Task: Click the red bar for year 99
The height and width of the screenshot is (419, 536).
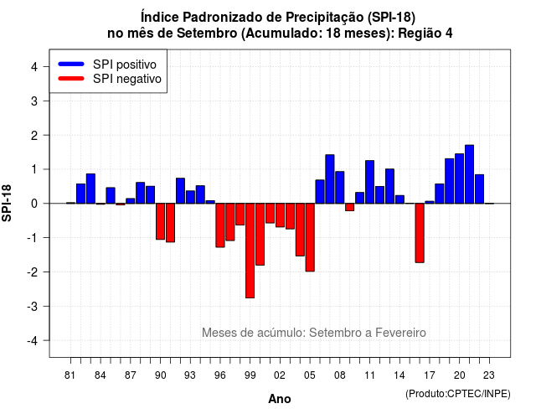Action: (x=250, y=251)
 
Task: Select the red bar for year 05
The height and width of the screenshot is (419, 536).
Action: (x=310, y=237)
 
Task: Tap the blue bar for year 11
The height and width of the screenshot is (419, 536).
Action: (x=369, y=182)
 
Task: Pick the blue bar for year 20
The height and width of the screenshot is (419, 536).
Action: (x=460, y=178)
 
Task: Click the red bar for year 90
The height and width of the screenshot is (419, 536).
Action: (x=160, y=221)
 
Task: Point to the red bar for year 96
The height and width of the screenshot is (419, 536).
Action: (x=220, y=225)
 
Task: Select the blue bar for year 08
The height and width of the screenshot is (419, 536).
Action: (x=340, y=188)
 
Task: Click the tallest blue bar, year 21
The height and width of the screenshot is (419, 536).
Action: (x=469, y=174)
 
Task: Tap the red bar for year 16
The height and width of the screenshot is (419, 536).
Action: (x=420, y=233)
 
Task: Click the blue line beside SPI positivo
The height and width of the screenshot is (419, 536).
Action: (x=71, y=64)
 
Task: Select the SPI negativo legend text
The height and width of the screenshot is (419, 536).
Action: (x=127, y=79)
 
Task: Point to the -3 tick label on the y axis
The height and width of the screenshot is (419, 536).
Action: (x=33, y=306)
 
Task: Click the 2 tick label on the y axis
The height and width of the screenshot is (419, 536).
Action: (x=34, y=136)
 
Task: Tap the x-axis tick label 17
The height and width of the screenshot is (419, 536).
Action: (x=430, y=375)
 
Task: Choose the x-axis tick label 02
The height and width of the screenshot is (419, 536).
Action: (x=280, y=375)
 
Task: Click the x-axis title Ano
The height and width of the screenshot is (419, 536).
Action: (x=280, y=399)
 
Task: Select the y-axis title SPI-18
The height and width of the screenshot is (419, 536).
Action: (x=7, y=203)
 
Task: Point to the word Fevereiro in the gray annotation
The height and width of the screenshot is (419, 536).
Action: (x=400, y=333)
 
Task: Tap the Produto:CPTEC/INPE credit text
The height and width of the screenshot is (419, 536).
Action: (x=458, y=394)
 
